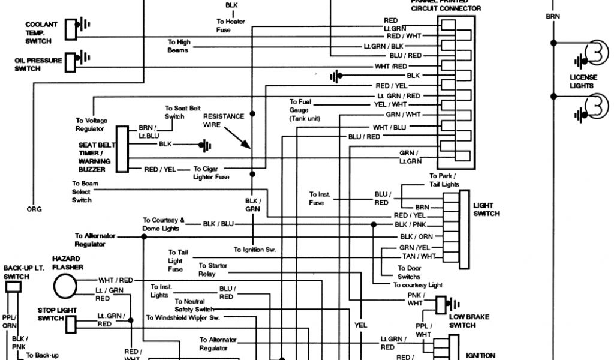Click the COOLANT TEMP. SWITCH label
point(41,33)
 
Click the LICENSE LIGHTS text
point(582,82)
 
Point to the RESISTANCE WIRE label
point(224,120)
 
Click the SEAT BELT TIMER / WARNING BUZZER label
point(94,157)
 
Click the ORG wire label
point(34,209)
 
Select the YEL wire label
point(360,325)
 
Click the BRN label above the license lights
point(552,17)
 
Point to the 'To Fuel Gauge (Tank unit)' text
point(305,110)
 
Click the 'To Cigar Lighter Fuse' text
point(211,173)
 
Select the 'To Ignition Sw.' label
point(254,249)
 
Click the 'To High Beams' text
point(179,46)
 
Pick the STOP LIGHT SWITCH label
point(50,314)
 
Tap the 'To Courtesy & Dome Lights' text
point(164,224)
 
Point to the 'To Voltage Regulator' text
point(91,124)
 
